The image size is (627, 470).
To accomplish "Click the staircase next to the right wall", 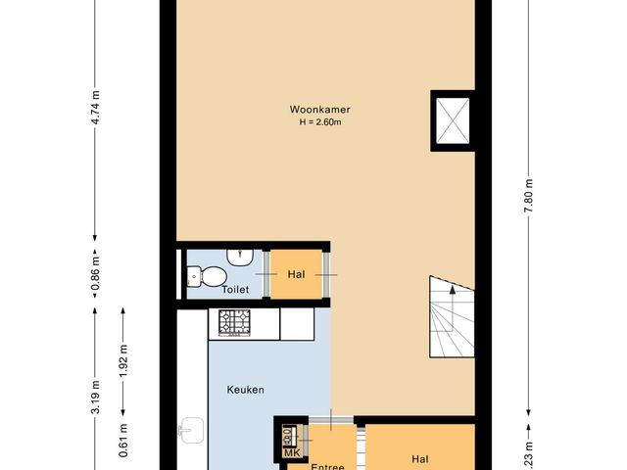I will pyautogui.click(x=450, y=319).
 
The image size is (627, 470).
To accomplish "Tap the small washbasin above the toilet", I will pyautogui.click(x=238, y=256).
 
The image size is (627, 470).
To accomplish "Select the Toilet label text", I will pyautogui.click(x=235, y=290).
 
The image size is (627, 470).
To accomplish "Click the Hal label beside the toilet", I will pyautogui.click(x=298, y=275).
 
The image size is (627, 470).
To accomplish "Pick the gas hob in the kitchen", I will pyautogui.click(x=235, y=323).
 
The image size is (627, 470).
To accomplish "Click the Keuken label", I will pyautogui.click(x=246, y=390).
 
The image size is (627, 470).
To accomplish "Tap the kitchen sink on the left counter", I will pyautogui.click(x=191, y=429).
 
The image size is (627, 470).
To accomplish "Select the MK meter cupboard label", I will pyautogui.click(x=291, y=452).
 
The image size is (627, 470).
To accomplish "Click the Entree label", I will pyautogui.click(x=328, y=466).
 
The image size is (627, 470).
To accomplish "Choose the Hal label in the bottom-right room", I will pyautogui.click(x=420, y=457).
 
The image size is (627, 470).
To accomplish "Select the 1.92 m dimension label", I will pyautogui.click(x=123, y=361).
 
